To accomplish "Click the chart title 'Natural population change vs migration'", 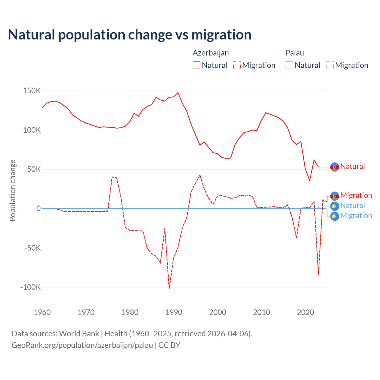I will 130,35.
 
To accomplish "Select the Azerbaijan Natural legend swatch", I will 196,65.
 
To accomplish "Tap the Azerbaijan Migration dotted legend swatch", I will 237,65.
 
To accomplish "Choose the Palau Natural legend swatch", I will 289,65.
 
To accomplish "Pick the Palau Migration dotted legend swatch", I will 330,65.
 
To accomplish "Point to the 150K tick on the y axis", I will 32,91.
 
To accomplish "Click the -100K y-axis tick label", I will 30,287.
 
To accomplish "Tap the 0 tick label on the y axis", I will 38,208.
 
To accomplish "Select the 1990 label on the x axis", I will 174,312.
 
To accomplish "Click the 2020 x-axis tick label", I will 305,312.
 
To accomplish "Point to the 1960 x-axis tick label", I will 42,312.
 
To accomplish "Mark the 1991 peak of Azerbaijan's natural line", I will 178,93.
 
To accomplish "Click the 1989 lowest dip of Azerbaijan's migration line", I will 169,288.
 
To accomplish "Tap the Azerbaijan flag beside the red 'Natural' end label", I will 335,167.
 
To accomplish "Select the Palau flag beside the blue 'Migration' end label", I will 335,216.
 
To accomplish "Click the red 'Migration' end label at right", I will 356,195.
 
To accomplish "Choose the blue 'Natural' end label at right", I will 352,205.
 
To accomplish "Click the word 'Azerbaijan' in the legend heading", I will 211,53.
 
